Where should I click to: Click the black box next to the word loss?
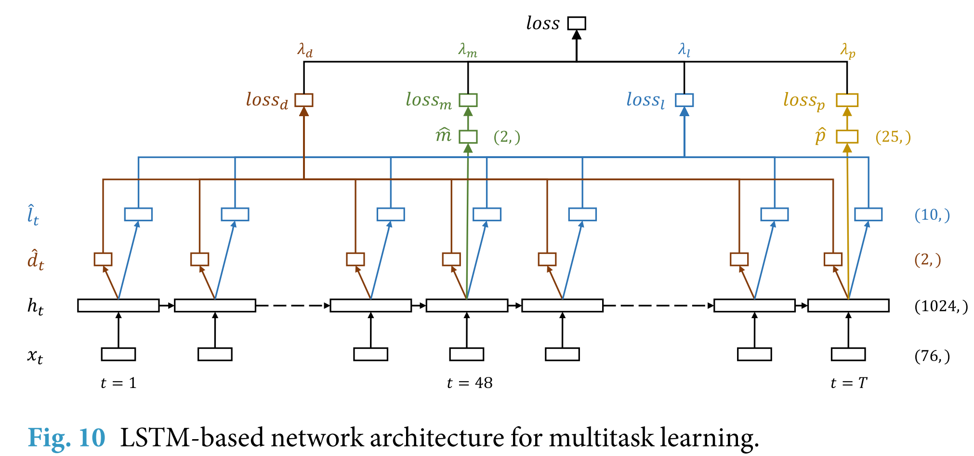click(x=576, y=23)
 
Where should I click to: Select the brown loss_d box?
click(x=303, y=100)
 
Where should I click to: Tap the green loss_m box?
click(x=468, y=100)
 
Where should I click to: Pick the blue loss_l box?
click(x=684, y=100)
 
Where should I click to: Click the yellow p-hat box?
click(x=847, y=136)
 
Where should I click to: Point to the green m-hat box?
click(x=468, y=136)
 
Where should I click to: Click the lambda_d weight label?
click(x=305, y=50)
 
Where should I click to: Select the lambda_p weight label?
click(x=848, y=50)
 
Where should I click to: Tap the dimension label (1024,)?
click(x=941, y=306)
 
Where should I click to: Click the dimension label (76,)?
click(x=932, y=356)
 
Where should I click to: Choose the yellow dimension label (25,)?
click(x=893, y=137)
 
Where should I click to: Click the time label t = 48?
click(x=470, y=383)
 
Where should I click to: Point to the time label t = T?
click(x=849, y=383)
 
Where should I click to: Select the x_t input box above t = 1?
click(x=118, y=354)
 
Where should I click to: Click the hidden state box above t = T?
click(x=848, y=306)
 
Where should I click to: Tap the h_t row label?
click(x=35, y=307)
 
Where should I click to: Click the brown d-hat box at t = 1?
click(x=103, y=259)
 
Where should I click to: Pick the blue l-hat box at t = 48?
click(x=487, y=214)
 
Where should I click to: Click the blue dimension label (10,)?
click(x=932, y=215)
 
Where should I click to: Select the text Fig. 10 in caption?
click(x=66, y=438)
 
